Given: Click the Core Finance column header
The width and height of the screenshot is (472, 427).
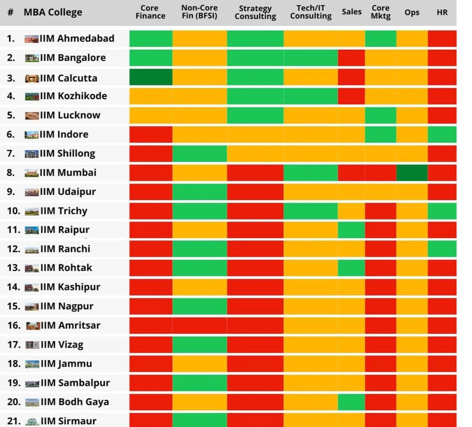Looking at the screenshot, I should tap(150, 12).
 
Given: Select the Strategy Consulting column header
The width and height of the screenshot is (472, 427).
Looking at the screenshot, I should tap(255, 12).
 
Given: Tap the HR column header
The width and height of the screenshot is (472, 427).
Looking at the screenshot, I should tap(442, 12).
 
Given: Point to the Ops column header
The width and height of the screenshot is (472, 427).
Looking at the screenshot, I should tap(412, 12).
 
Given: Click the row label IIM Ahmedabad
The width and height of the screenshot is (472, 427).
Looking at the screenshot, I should tap(77, 38).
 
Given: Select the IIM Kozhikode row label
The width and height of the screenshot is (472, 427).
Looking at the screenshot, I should tap(73, 96).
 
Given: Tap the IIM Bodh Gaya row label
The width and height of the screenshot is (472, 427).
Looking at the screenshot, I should tap(74, 402).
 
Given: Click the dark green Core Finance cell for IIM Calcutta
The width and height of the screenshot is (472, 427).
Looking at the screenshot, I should tap(151, 77).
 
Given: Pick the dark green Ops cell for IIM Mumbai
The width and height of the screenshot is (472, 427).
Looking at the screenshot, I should tap(412, 173).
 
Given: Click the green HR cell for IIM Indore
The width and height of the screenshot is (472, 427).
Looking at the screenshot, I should tap(442, 134).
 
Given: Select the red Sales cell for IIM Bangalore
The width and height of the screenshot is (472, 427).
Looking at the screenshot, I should tap(351, 58).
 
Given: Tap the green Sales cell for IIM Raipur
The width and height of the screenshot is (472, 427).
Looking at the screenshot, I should tap(351, 230).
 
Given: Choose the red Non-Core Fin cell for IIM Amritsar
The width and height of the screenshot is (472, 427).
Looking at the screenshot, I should tap(199, 326).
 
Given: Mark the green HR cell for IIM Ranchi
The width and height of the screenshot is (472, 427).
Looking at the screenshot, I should tap(442, 249).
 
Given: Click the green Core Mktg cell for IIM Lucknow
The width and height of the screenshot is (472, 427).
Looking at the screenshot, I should tap(381, 115).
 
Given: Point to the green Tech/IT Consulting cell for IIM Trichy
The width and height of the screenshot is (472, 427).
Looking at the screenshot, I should tap(311, 211).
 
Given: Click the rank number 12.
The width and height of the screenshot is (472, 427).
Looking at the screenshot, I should tap(13, 249).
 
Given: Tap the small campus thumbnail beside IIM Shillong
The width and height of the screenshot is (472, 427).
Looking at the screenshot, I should tap(31, 154).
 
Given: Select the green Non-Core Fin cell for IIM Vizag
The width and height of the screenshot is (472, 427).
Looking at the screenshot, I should tap(199, 345).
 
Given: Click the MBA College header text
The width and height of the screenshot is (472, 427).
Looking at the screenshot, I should tap(53, 12).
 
